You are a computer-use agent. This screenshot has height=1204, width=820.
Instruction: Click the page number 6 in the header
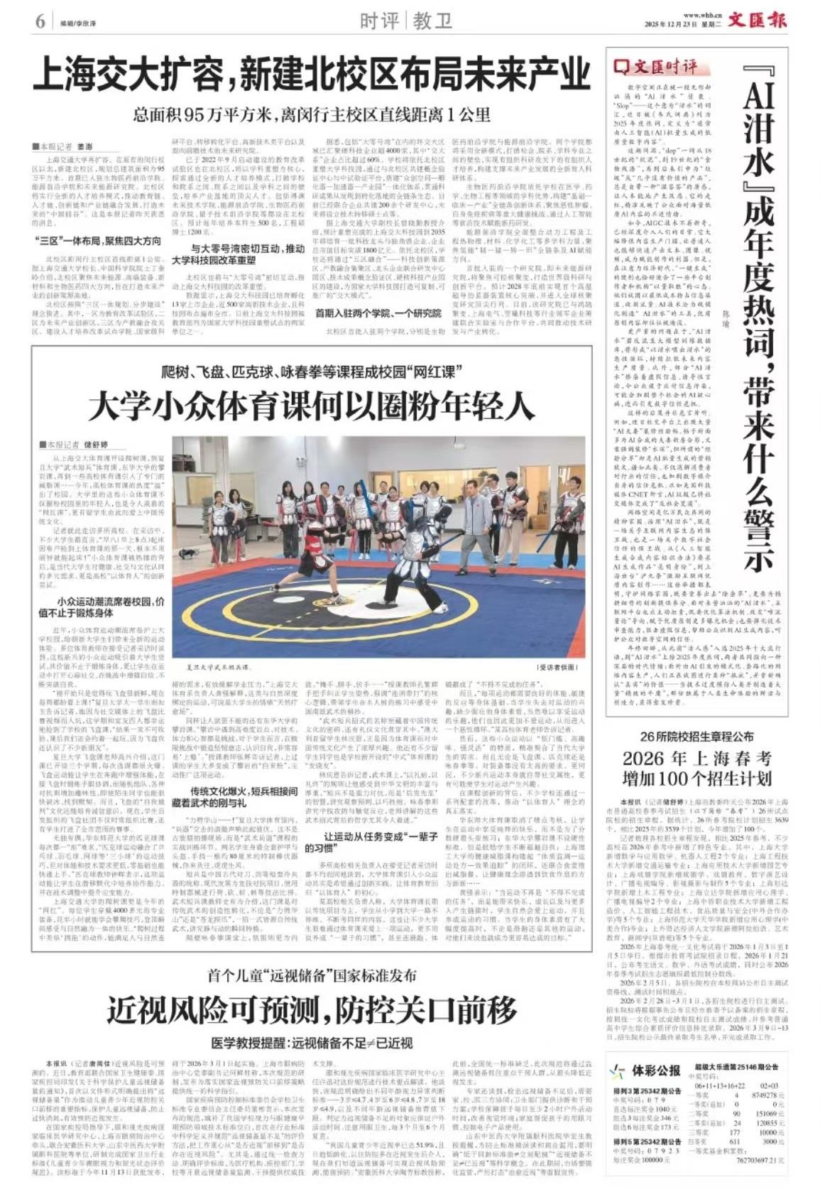pyautogui.click(x=39, y=21)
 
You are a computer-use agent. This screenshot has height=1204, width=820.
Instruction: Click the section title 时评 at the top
pyautogui.click(x=379, y=21)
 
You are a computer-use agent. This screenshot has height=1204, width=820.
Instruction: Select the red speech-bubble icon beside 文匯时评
pyautogui.click(x=623, y=67)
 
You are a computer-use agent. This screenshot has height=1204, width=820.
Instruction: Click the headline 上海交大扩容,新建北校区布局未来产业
pyautogui.click(x=312, y=74)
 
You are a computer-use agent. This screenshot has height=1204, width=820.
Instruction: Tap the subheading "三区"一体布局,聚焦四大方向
pyautogui.click(x=98, y=241)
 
